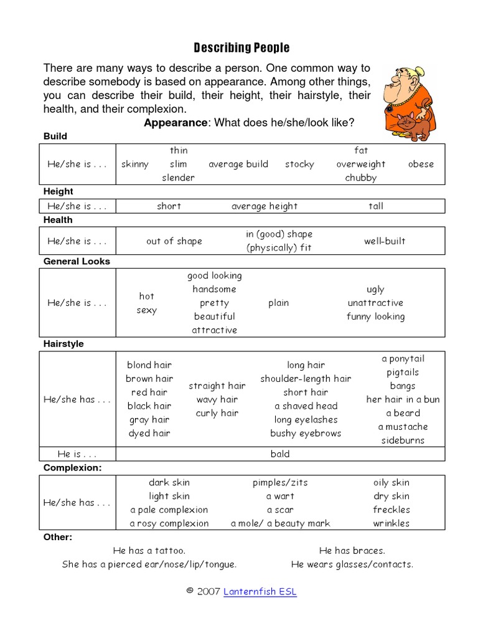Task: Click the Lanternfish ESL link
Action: [x=260, y=592]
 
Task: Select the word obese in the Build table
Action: [x=421, y=164]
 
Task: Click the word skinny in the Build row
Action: [x=135, y=164]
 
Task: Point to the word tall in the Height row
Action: [x=376, y=206]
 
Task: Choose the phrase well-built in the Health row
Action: [x=385, y=241]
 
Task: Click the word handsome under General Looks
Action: [x=214, y=289]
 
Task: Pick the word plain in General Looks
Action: [x=278, y=303]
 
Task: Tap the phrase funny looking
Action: [x=375, y=317]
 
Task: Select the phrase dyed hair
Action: [x=149, y=433]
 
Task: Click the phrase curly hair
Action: [x=217, y=413]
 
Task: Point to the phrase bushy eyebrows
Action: [x=306, y=433]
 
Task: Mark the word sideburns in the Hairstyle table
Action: [x=403, y=440]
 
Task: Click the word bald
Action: [x=280, y=454]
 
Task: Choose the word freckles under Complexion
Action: [x=391, y=510]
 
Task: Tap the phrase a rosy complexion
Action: [x=169, y=523]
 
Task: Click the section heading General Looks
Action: [x=77, y=261]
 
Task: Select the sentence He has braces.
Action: [x=352, y=551]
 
